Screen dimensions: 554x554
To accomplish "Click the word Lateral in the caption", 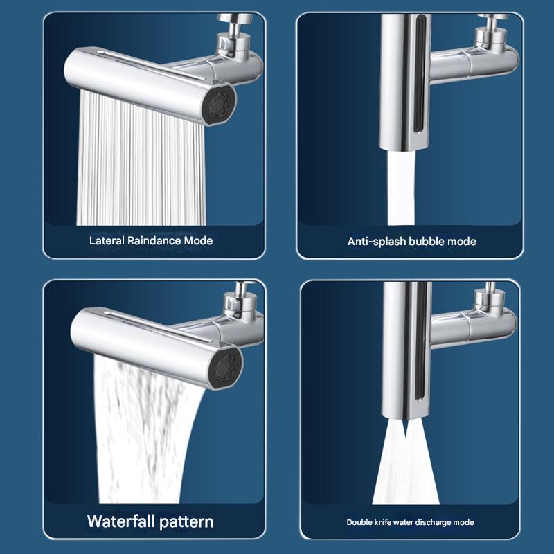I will [105, 241].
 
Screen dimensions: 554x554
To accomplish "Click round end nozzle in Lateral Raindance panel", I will [220, 105].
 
